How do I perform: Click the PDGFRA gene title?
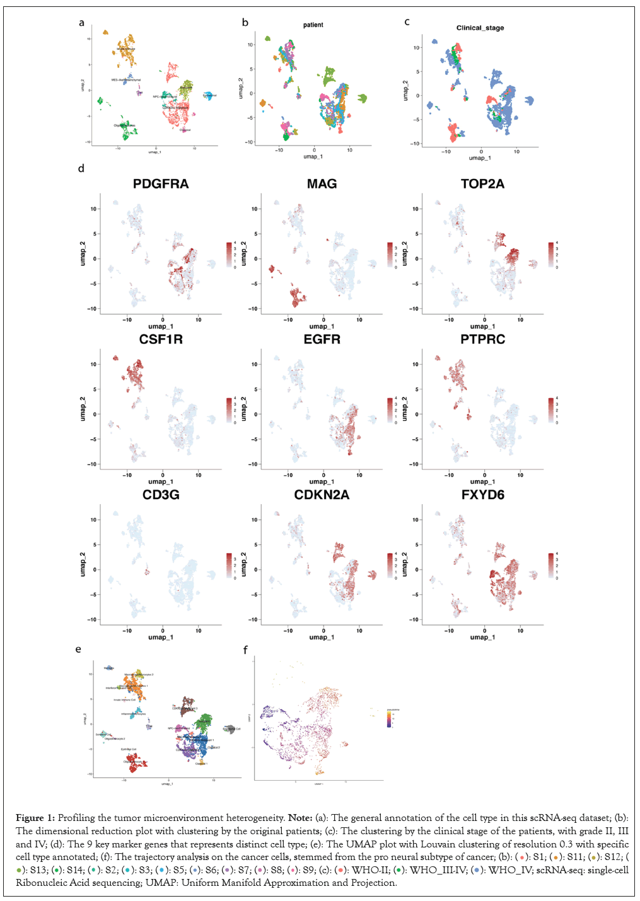click(161, 184)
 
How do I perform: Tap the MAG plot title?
click(322, 184)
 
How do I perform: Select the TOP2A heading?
click(482, 184)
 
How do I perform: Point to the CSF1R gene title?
click(161, 340)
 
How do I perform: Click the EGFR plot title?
click(322, 340)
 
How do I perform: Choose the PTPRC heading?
click(482, 340)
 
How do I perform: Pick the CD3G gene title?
click(161, 495)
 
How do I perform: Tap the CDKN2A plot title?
click(322, 495)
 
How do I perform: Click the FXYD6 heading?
click(482, 495)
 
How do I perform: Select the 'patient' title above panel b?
click(313, 25)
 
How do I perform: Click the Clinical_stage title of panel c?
click(480, 28)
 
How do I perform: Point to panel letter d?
click(81, 169)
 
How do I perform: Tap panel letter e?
click(78, 650)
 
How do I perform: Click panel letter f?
click(245, 650)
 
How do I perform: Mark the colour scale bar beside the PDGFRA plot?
click(230, 255)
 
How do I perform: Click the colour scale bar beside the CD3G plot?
click(230, 565)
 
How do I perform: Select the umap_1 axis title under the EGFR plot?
click(322, 482)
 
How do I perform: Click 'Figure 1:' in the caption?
click(35, 818)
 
